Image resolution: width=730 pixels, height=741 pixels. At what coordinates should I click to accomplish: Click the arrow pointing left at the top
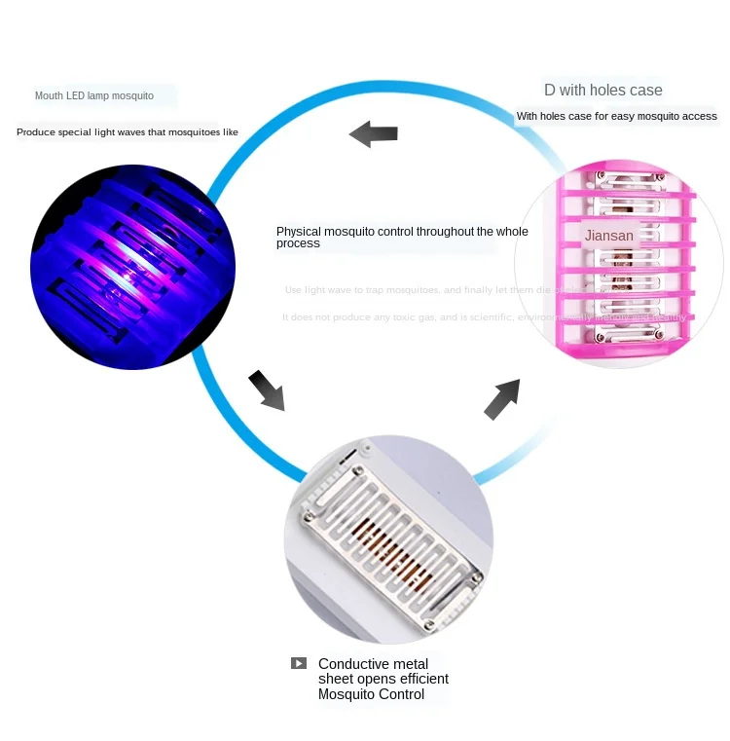(x=374, y=133)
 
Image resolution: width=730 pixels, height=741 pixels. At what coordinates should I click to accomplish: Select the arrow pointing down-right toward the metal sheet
(x=266, y=389)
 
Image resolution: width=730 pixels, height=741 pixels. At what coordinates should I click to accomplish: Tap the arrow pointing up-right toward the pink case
(x=502, y=398)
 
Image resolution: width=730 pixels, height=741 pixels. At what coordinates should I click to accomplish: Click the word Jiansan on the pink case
(x=609, y=236)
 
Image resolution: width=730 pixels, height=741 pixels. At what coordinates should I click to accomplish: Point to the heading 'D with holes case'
(x=602, y=91)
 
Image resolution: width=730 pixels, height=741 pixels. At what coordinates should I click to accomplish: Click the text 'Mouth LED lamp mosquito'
(x=94, y=95)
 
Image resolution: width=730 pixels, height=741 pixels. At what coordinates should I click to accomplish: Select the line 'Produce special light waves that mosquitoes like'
(x=128, y=131)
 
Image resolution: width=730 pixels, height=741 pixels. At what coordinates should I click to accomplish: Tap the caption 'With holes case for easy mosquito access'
(x=616, y=117)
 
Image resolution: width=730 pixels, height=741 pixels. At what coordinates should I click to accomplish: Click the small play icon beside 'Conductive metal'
(x=298, y=663)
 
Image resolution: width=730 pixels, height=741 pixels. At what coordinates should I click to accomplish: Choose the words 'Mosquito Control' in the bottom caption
(x=371, y=694)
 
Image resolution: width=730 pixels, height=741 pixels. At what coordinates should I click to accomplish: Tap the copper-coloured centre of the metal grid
(x=390, y=551)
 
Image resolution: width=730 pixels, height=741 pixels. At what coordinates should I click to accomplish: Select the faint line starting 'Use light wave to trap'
(x=409, y=290)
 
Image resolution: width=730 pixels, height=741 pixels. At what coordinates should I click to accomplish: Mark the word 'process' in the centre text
(x=298, y=243)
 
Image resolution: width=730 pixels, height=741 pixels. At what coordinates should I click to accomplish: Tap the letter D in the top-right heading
(x=550, y=91)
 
